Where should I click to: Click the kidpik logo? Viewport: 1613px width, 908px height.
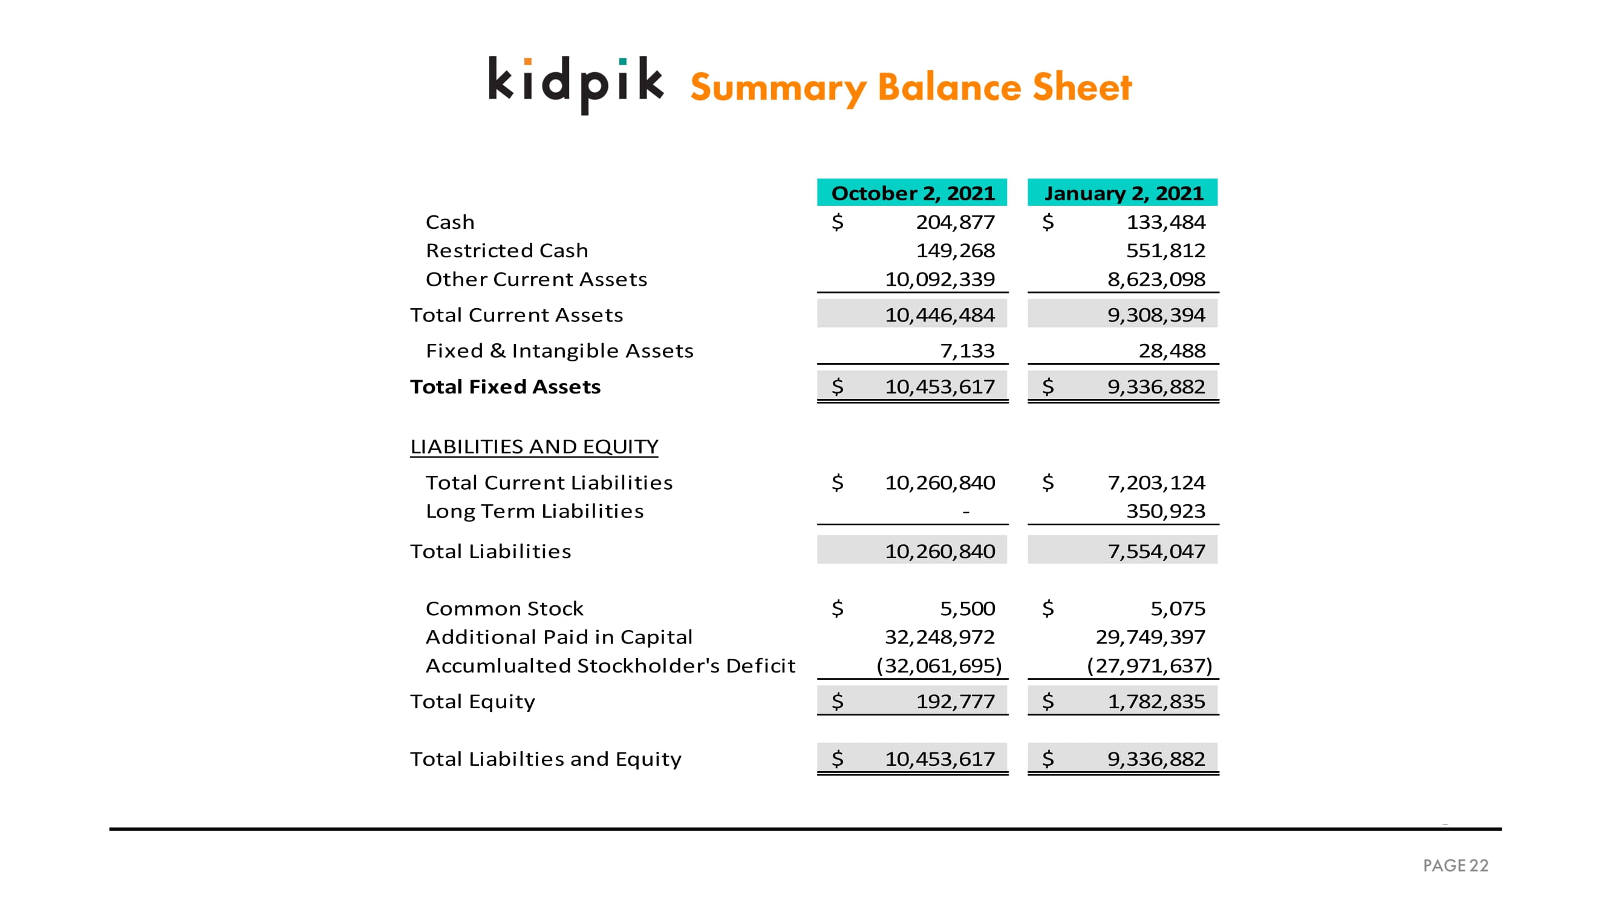click(575, 85)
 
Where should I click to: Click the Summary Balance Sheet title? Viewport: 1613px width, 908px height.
click(910, 87)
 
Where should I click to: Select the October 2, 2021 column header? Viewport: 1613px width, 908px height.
click(911, 192)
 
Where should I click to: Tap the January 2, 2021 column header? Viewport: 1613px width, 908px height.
click(1123, 192)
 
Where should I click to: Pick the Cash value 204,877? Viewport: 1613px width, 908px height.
click(955, 222)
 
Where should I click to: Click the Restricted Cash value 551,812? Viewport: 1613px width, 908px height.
click(1165, 251)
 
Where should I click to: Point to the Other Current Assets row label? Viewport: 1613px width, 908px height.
click(536, 279)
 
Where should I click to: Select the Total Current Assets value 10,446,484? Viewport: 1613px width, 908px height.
click(939, 315)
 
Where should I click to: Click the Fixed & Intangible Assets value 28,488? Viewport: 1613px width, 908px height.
click(1171, 350)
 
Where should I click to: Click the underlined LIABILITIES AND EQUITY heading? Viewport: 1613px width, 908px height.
click(534, 446)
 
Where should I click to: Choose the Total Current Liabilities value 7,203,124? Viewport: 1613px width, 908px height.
click(1156, 482)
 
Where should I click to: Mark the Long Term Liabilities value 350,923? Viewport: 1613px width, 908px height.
click(1165, 512)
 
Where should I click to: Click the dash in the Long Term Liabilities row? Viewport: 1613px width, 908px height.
click(966, 512)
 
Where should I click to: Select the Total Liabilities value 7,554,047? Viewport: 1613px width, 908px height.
click(1156, 551)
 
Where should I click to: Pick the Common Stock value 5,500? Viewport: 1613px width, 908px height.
click(968, 608)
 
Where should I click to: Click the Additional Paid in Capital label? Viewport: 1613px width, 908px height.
click(559, 637)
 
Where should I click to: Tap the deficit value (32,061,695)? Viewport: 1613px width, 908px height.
click(939, 665)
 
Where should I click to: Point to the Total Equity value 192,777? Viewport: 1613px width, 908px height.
click(955, 701)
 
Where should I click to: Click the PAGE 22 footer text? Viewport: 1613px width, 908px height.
click(1455, 866)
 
